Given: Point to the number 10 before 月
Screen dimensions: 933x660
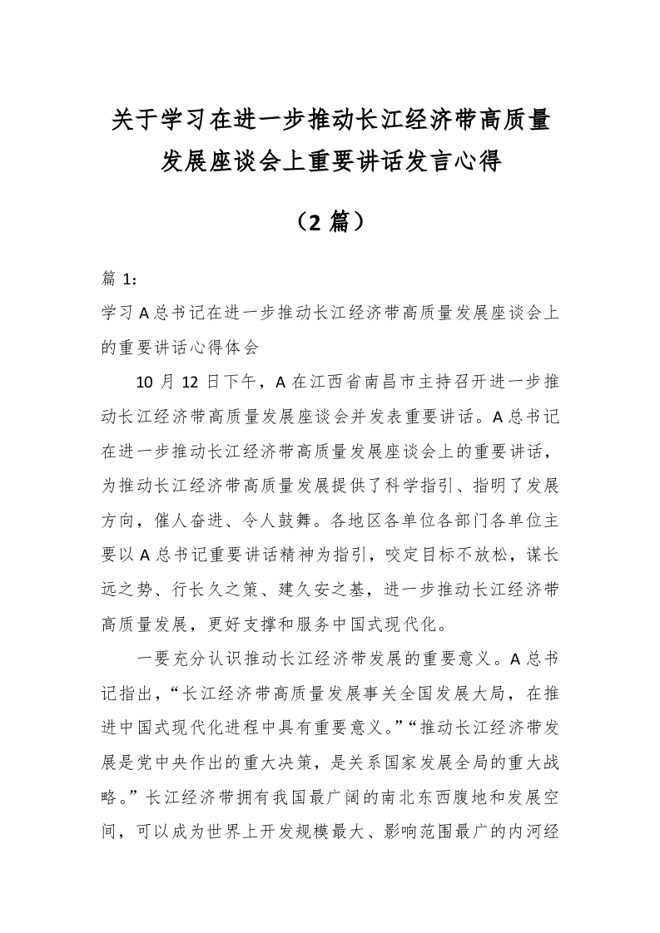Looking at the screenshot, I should point(143,382).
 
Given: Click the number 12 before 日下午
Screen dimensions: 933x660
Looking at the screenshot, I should point(191,382).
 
